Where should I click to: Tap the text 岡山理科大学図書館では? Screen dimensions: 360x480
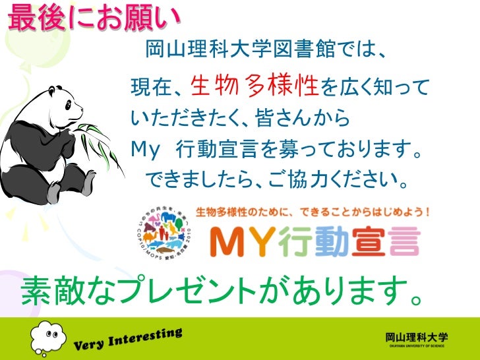(261, 49)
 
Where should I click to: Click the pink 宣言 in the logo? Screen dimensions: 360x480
(389, 242)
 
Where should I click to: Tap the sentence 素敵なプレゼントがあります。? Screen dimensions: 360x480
(222, 291)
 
